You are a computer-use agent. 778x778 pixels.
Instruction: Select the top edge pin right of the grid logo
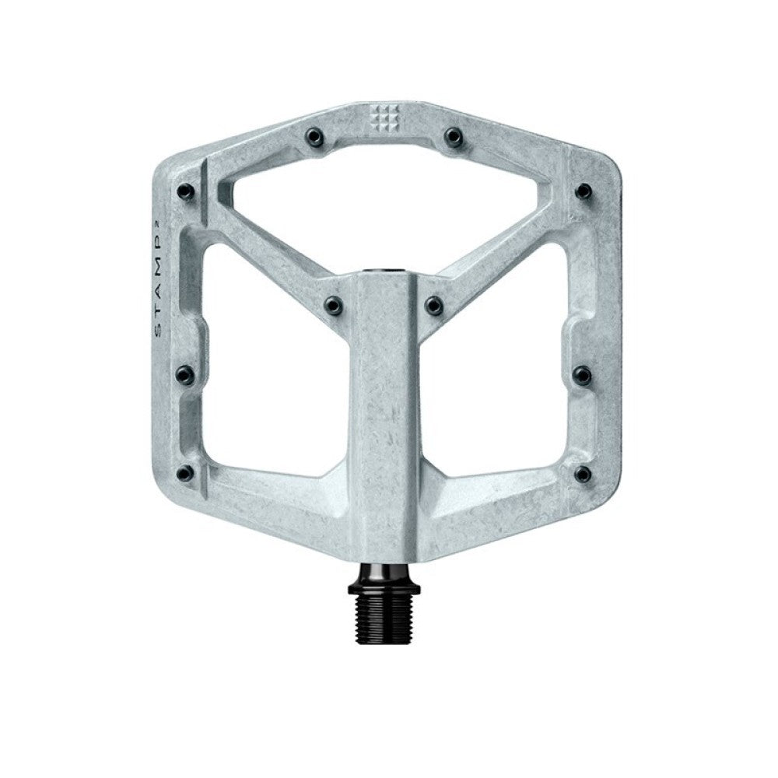tap(454, 137)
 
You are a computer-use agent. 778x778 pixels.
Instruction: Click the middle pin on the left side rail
tap(185, 375)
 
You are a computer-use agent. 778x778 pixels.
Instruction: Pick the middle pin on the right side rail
tap(582, 375)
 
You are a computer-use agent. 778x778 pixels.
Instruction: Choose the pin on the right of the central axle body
tap(434, 304)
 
